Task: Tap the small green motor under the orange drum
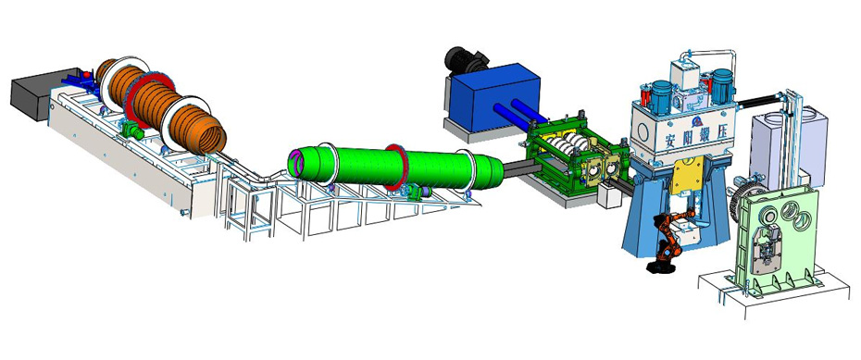(133, 131)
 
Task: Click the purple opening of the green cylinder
(297, 163)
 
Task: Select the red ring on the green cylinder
(396, 168)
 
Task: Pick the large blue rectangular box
(493, 97)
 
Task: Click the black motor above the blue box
(465, 60)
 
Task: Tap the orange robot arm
(668, 236)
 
